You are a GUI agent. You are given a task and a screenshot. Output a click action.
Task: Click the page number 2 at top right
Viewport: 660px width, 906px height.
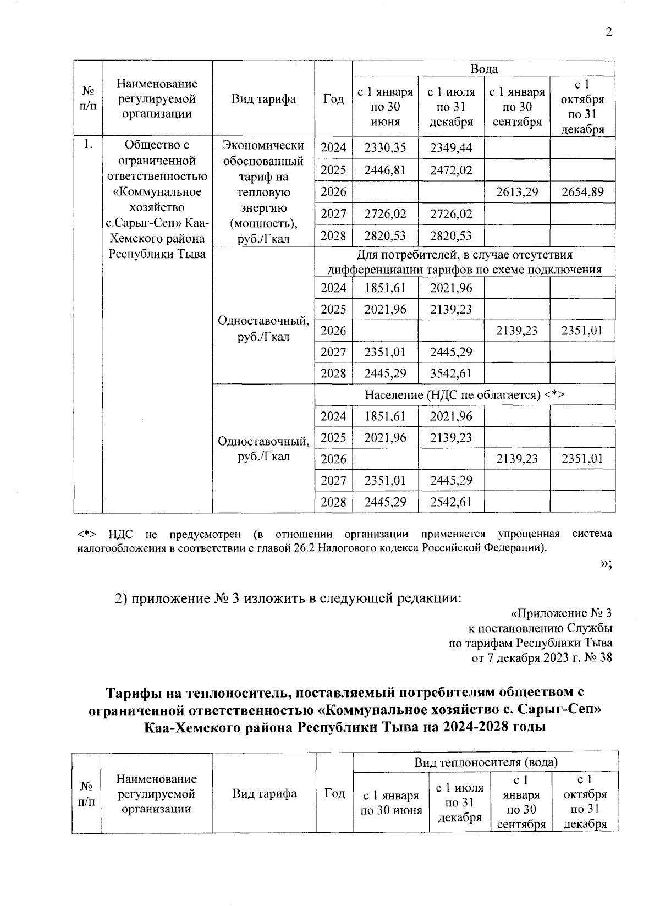(608, 32)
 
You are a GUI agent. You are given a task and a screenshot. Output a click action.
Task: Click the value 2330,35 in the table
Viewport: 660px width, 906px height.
(385, 147)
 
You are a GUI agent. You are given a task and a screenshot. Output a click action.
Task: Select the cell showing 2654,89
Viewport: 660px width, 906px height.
(582, 192)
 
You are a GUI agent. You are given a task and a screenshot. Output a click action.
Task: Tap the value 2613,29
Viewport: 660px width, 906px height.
(516, 192)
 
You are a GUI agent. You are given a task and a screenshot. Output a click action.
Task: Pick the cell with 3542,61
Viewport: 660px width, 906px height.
(450, 374)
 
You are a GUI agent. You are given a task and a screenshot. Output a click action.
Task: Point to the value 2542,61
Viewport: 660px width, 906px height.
(450, 502)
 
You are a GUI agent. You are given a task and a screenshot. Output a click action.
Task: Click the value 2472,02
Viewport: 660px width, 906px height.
(450, 169)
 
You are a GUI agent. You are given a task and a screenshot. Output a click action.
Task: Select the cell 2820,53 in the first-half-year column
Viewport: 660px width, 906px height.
(385, 235)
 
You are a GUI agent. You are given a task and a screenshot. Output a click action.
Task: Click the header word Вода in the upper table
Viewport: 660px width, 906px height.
(483, 69)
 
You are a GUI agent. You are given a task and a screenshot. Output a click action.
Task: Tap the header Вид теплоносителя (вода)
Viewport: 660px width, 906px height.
(486, 762)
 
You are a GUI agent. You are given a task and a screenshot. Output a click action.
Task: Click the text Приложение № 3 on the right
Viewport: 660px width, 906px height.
(562, 613)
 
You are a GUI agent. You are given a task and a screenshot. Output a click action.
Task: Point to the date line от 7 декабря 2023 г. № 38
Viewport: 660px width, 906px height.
(542, 657)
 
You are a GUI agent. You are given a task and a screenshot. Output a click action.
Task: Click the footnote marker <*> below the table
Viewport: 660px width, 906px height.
(87, 534)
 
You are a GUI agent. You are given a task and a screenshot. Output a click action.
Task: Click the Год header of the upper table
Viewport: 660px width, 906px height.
(333, 99)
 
